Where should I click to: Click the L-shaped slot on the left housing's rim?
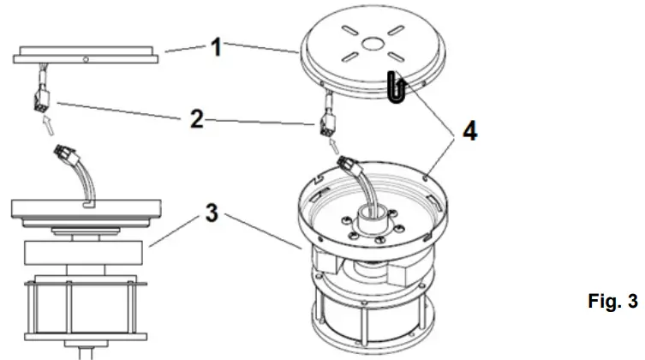click(89, 205)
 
